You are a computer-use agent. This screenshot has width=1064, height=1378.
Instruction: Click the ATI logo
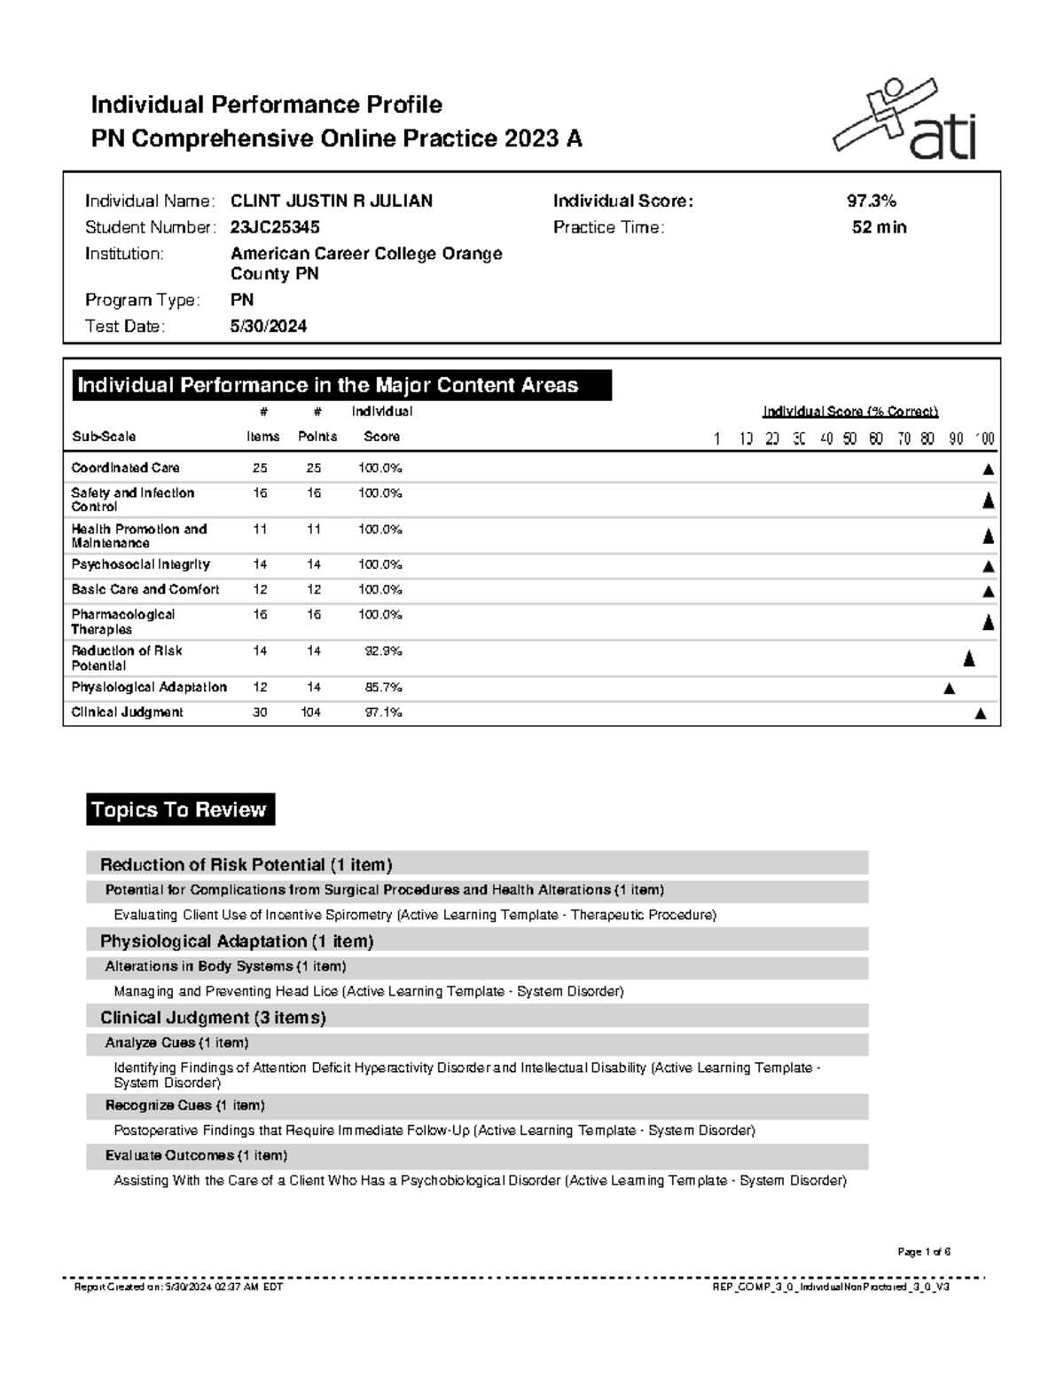click(x=904, y=120)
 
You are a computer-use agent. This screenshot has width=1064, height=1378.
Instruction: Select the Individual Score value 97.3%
click(x=872, y=201)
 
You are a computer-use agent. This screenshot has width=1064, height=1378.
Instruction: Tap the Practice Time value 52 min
click(x=879, y=228)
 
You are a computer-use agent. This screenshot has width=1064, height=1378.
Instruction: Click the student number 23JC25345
click(x=275, y=228)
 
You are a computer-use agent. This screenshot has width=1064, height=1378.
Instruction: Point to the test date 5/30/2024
click(x=268, y=327)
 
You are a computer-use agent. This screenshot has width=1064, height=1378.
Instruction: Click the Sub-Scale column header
click(x=104, y=437)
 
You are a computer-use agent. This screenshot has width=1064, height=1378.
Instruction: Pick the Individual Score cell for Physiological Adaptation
click(x=383, y=688)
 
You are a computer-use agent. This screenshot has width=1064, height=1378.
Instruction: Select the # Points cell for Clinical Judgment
click(x=310, y=713)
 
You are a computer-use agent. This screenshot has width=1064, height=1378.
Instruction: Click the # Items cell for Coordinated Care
click(x=260, y=468)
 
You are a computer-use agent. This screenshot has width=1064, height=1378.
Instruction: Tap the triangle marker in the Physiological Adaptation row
click(x=950, y=689)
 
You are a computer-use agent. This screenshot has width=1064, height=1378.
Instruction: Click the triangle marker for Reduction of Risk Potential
click(x=969, y=658)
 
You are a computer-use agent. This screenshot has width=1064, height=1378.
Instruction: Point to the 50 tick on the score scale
click(x=850, y=438)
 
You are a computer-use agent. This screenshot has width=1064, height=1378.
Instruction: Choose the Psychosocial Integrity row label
click(x=140, y=564)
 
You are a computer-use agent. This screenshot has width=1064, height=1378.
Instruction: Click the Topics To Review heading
click(x=180, y=809)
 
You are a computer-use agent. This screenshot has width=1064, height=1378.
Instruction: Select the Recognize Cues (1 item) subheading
click(x=184, y=1106)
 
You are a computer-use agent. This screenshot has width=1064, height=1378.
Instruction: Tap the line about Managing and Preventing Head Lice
click(x=369, y=992)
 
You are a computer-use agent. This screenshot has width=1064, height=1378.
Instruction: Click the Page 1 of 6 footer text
click(x=924, y=1252)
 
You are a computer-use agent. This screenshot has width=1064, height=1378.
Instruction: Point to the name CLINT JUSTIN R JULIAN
click(x=332, y=201)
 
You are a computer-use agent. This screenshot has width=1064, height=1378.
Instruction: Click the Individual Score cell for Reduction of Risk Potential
click(x=383, y=651)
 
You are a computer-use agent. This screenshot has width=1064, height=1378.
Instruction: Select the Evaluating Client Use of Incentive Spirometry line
click(x=415, y=915)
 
